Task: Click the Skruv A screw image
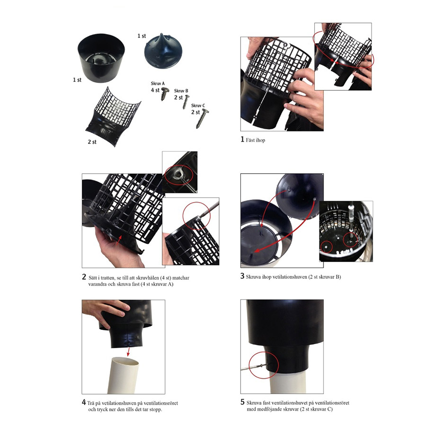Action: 164,94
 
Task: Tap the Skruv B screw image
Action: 186,102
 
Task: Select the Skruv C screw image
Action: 203,118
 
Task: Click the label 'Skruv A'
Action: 158,83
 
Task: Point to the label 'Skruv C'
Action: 198,106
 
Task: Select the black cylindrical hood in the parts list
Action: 101,58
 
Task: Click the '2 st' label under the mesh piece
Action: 92,142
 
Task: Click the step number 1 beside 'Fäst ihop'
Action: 242,139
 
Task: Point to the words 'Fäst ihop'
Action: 256,140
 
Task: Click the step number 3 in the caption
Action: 242,276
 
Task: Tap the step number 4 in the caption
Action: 84,402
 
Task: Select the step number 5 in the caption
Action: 243,402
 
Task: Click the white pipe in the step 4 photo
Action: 124,375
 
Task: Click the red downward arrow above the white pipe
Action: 128,352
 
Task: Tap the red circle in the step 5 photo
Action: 264,364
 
